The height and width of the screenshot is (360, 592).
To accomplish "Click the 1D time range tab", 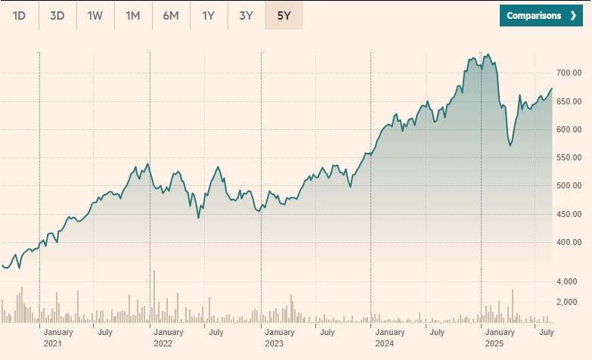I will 20,15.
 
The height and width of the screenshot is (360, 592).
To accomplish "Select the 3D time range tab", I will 57,15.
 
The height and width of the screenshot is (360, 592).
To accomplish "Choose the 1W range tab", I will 95,15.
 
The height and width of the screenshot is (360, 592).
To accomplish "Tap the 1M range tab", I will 133,15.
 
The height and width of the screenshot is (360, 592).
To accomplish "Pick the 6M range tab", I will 171,15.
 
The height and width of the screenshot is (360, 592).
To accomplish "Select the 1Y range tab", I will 209,15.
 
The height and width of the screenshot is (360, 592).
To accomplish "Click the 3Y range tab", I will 246,15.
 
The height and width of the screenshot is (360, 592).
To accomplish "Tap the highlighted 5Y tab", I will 284,15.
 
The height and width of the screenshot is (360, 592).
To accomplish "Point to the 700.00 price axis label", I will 568,73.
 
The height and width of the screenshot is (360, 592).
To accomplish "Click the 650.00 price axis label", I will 568,101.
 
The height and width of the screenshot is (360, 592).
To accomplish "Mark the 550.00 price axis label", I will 568,158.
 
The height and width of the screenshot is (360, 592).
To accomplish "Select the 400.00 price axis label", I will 568,243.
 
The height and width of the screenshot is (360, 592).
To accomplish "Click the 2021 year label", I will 53,344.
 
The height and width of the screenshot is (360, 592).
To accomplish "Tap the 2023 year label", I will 274,344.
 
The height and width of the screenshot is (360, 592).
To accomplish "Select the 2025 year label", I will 494,344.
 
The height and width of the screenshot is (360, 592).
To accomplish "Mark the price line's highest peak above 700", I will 488,54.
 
